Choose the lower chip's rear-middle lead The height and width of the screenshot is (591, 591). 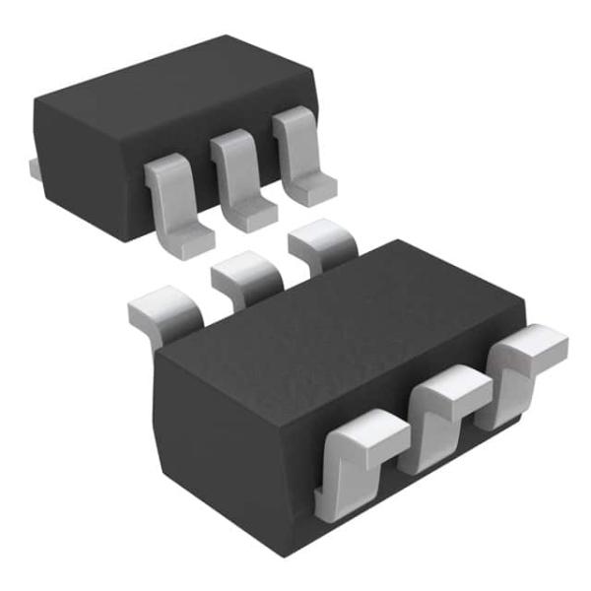[246, 276]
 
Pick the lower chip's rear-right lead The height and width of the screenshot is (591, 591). [320, 246]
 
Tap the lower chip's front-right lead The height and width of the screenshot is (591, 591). [522, 364]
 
